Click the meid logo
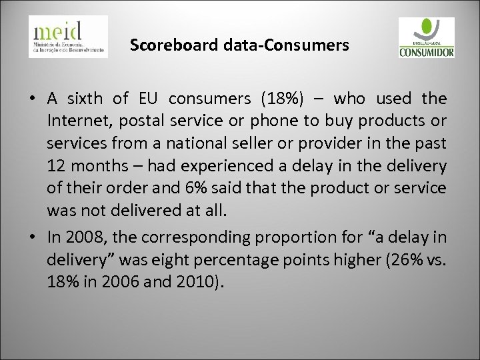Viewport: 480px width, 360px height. [67, 37]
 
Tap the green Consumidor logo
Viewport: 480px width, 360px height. [425, 37]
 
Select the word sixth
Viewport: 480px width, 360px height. [83, 100]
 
